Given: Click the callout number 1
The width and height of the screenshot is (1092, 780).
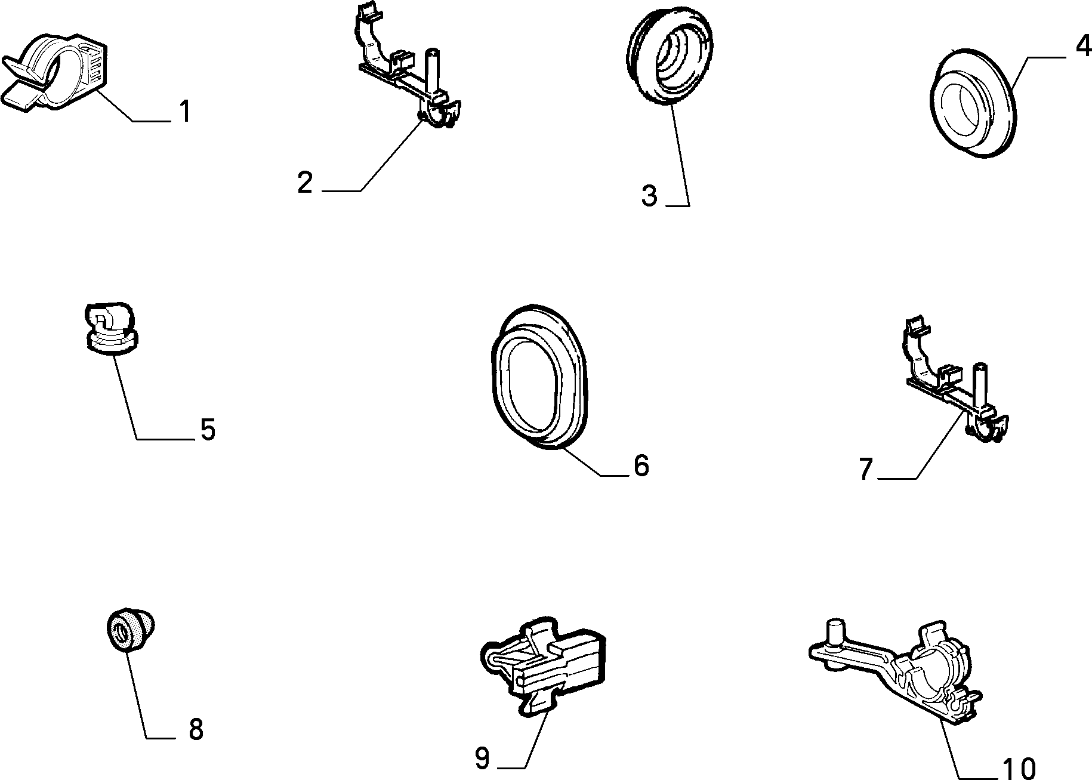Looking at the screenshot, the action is pos(186,112).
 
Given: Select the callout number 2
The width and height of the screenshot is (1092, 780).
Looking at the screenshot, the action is pos(305,182).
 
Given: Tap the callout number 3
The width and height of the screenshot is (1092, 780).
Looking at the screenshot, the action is pos(649,196).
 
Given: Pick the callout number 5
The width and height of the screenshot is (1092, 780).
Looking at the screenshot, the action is pos(208,429).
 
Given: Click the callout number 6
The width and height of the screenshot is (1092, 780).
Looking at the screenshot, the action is pos(641,465).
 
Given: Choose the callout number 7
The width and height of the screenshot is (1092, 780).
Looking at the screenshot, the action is pos(866,469).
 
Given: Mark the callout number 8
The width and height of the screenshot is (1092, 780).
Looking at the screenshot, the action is pos(196,729).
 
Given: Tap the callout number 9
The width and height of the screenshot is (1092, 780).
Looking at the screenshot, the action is pos(482,758).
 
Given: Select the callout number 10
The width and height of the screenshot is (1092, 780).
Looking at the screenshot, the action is pos(1019,767).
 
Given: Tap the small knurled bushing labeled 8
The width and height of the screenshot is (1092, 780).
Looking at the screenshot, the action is pos(131,631).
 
